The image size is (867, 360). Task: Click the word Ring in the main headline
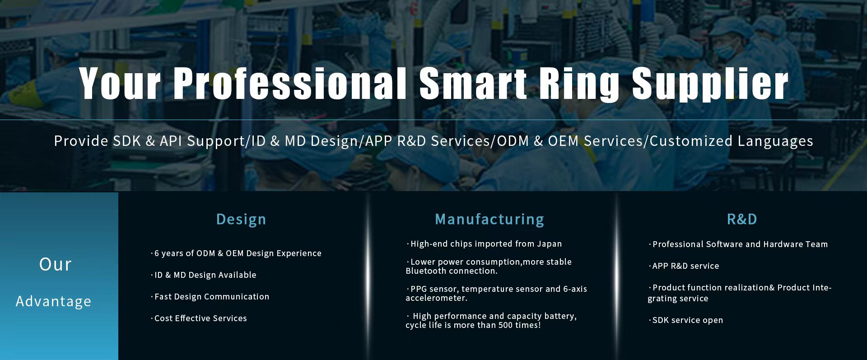(x=579, y=84)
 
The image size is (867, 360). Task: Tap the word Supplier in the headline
(x=710, y=84)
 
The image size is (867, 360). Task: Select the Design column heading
(x=241, y=220)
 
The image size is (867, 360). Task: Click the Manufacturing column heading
(x=489, y=220)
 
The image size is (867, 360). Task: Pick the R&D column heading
(x=742, y=219)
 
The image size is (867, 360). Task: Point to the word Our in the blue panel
(x=56, y=265)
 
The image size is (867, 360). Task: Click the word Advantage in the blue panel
(x=53, y=301)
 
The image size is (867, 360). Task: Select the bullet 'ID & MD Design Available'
(x=204, y=275)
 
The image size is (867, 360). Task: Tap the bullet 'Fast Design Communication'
(x=210, y=296)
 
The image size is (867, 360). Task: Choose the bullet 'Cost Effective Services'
(x=199, y=318)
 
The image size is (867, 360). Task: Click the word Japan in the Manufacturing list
(x=549, y=244)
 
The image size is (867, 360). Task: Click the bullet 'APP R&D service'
(x=684, y=266)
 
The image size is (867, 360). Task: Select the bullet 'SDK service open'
(x=686, y=320)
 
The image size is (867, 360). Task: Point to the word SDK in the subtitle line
(x=126, y=141)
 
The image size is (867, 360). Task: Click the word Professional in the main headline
(x=290, y=84)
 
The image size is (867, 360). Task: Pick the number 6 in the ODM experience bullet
(x=157, y=253)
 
